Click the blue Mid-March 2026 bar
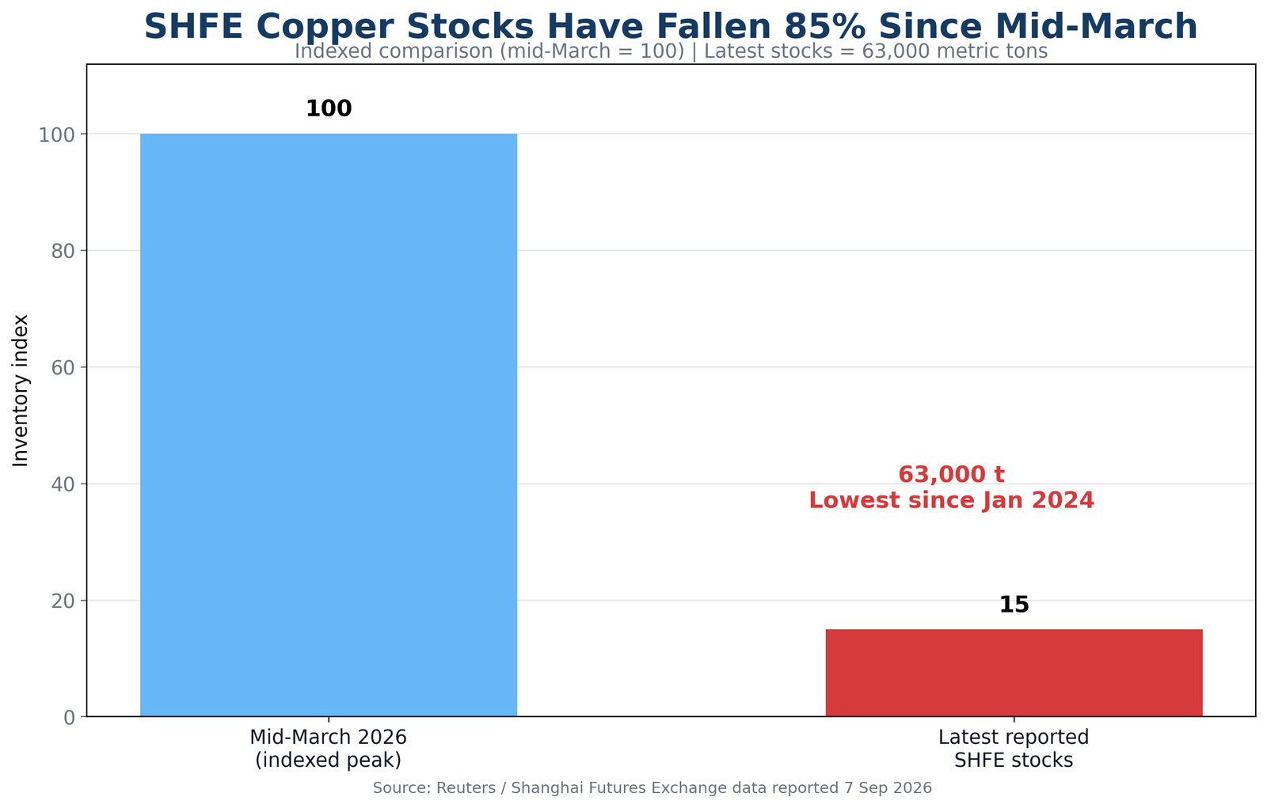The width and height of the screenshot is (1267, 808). click(x=329, y=425)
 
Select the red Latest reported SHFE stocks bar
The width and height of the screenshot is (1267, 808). click(x=1014, y=673)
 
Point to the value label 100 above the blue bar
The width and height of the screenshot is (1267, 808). click(x=329, y=108)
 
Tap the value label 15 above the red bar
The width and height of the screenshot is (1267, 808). click(x=1014, y=605)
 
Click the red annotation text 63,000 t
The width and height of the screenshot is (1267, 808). click(x=951, y=474)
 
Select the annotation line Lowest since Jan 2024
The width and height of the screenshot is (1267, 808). click(x=951, y=500)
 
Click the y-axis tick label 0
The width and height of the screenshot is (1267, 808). click(x=69, y=718)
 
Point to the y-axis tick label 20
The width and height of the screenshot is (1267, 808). click(x=63, y=601)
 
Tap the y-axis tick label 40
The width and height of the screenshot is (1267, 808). click(x=63, y=484)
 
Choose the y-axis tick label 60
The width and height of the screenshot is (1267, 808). click(x=63, y=368)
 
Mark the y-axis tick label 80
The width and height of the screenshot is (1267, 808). click(x=63, y=252)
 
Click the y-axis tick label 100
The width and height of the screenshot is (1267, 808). click(x=56, y=135)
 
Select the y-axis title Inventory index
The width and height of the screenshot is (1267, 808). click(x=21, y=391)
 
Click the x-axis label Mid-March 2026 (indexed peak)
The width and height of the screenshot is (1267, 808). click(x=329, y=749)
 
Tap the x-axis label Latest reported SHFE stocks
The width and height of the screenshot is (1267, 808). click(x=1014, y=749)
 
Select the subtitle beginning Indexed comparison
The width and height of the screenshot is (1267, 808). click(x=671, y=51)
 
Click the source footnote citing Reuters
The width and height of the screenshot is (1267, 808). click(x=653, y=787)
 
